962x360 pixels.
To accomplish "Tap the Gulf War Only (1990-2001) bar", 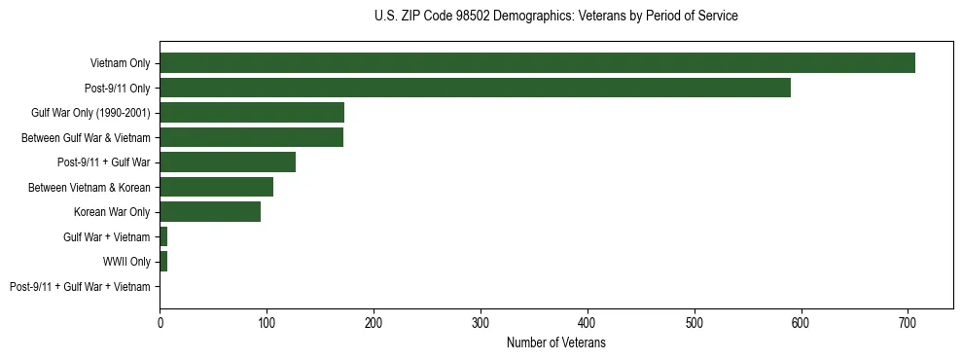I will (252, 113).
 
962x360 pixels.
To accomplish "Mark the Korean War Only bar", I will (210, 212).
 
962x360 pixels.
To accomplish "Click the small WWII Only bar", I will (163, 262).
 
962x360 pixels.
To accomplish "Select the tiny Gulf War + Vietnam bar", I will (163, 236).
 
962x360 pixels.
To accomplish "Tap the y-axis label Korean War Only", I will (112, 212).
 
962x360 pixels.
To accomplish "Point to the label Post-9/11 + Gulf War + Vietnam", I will (80, 287).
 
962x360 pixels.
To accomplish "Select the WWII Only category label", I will (126, 262).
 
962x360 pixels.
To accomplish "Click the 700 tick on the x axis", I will (908, 322).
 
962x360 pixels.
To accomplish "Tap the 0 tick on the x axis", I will (160, 322).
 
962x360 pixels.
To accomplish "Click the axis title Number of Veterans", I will (555, 342).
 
